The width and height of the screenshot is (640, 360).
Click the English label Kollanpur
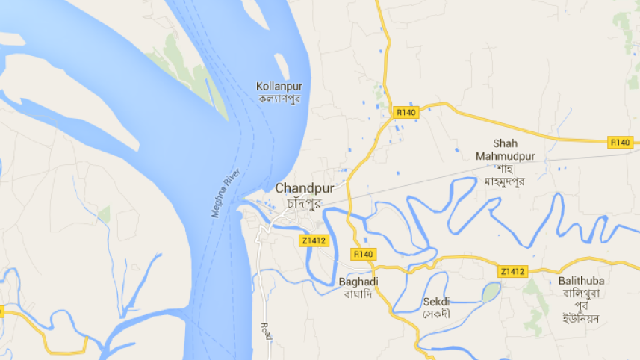(x=279, y=86)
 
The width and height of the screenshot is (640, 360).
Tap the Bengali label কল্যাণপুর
(x=279, y=99)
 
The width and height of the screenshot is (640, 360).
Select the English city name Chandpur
(x=304, y=188)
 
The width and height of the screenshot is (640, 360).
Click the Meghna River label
(x=227, y=193)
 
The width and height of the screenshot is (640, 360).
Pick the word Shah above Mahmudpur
(x=505, y=143)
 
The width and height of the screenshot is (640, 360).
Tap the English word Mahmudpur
(x=505, y=155)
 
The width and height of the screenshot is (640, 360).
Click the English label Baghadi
(x=358, y=282)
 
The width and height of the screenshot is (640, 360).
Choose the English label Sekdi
(x=436, y=302)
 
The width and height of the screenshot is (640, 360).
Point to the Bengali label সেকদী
(x=436, y=314)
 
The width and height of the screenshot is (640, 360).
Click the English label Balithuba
(x=581, y=280)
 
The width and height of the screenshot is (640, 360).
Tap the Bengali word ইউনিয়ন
(x=581, y=317)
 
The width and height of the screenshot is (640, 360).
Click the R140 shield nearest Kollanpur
(x=406, y=112)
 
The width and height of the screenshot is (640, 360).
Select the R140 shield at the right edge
(x=620, y=142)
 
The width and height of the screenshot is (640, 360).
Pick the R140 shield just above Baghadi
(x=363, y=255)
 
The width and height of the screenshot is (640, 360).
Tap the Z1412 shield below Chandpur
(x=314, y=240)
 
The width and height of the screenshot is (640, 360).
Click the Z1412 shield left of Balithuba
(x=513, y=270)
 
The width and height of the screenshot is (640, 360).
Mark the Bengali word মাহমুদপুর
(x=505, y=181)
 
